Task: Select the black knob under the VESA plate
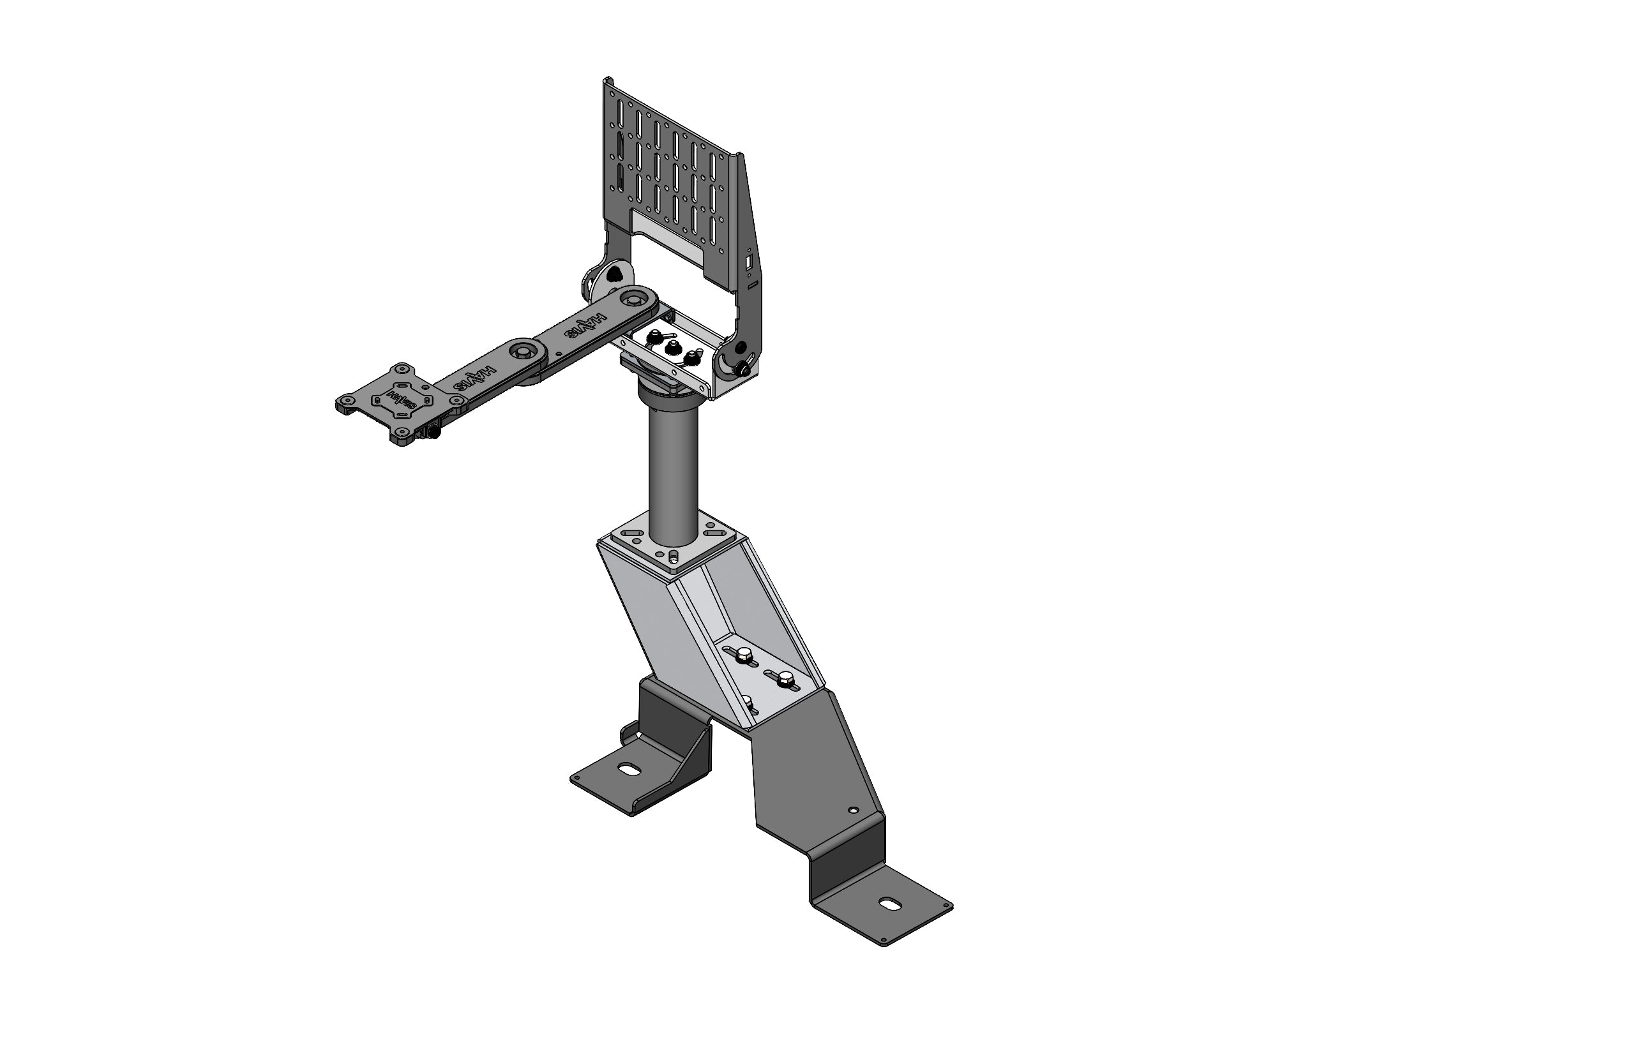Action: click(433, 432)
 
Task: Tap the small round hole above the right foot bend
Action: click(852, 810)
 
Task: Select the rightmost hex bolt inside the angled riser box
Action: click(786, 679)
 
